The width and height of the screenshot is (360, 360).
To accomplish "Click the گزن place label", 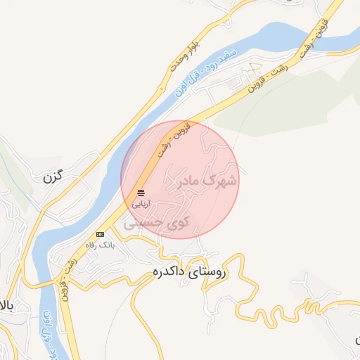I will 53,177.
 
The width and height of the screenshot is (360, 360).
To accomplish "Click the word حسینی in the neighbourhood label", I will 143,224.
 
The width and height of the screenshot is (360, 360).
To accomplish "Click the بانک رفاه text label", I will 99,244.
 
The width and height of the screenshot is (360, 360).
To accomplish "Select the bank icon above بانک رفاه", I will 100,233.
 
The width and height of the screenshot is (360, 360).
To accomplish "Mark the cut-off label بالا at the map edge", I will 6,305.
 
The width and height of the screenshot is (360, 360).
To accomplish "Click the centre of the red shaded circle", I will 180,179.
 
